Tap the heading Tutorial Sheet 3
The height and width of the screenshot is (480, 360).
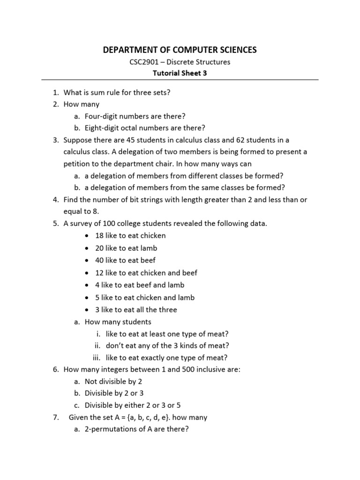coord(180,73)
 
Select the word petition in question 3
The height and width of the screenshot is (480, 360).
coord(77,164)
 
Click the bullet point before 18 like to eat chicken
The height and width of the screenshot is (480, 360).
coord(88,236)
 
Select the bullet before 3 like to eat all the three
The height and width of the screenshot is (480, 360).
coord(88,310)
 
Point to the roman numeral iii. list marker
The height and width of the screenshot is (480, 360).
coord(97,357)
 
